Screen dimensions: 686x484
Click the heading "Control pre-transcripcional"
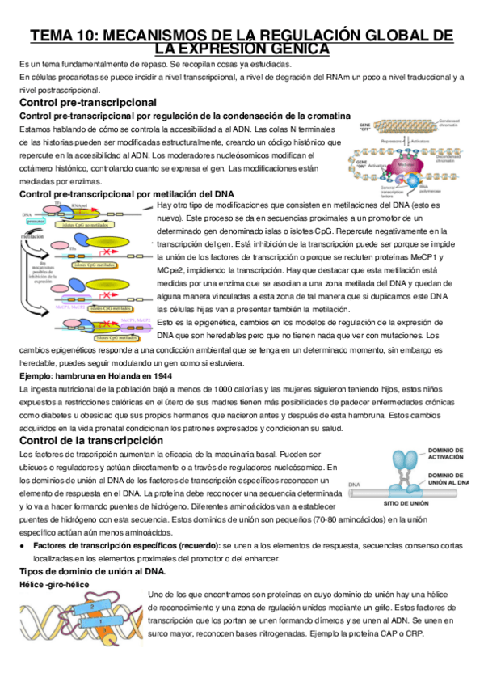[87, 103]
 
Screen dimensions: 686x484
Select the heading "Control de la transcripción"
[95, 440]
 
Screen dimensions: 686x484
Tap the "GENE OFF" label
[364, 126]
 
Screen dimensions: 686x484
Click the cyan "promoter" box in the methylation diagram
[36, 220]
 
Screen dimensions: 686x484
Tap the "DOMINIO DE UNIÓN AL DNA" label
[449, 478]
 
